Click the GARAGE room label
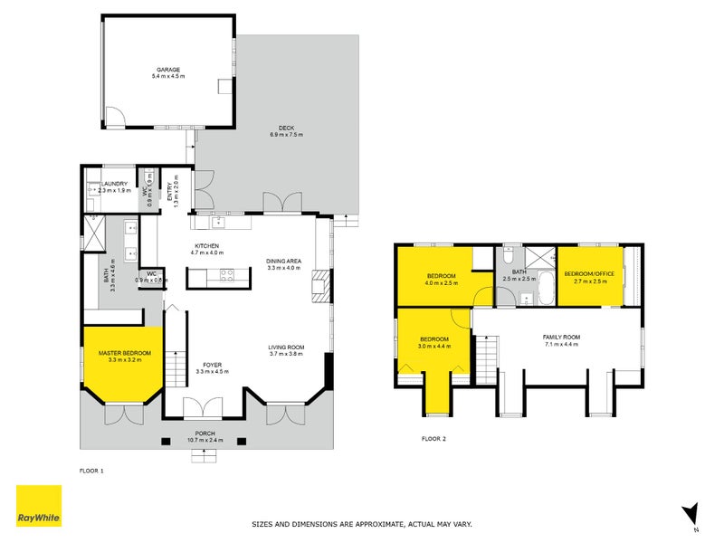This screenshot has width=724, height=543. [168, 69]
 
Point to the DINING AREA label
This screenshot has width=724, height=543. [283, 262]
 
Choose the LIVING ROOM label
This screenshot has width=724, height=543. [285, 348]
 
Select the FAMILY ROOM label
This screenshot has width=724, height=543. [562, 338]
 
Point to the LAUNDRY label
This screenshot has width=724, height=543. [114, 184]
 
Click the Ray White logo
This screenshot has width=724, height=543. [39, 506]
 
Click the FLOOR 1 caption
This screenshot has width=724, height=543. [92, 471]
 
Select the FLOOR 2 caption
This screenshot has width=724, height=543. [434, 439]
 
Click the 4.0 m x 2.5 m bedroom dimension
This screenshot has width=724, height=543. [442, 281]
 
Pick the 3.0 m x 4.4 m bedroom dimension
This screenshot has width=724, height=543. [434, 345]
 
